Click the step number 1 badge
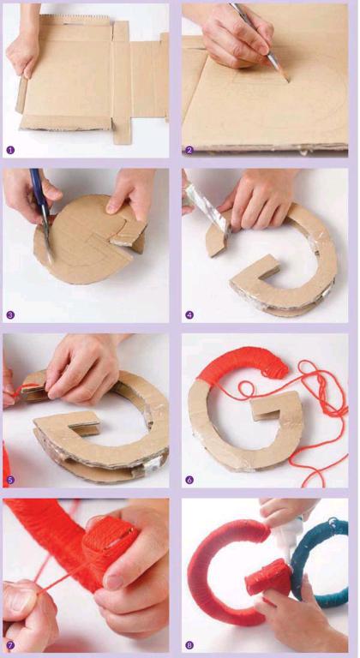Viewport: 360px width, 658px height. (x=10, y=150)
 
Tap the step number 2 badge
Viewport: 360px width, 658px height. (x=189, y=150)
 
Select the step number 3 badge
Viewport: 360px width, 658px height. (x=10, y=314)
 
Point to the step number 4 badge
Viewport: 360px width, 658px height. (x=189, y=314)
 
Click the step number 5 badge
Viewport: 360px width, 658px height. (x=10, y=480)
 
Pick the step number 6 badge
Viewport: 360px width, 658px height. (x=189, y=480)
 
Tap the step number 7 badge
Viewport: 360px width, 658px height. (x=10, y=644)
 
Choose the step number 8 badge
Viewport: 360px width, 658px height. (x=189, y=644)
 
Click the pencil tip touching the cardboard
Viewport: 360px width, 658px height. (x=289, y=81)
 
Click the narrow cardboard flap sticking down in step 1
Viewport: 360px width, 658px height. (x=122, y=131)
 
